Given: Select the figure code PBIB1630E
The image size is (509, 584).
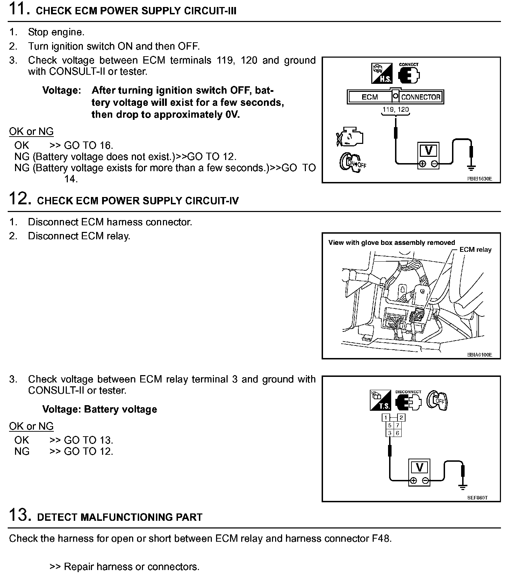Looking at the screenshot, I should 479,178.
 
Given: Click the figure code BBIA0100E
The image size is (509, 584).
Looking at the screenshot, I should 479,355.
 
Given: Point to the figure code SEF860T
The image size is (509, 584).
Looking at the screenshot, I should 477,498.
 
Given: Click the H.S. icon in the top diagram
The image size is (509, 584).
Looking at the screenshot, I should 381,73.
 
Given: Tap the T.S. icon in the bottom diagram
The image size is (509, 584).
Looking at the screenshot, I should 380,400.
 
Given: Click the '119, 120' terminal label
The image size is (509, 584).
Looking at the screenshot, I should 395,109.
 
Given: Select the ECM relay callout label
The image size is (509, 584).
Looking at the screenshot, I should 475,250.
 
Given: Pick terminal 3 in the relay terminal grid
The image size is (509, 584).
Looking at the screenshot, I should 390,433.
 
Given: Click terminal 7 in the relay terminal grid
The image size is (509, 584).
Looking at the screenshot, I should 397,425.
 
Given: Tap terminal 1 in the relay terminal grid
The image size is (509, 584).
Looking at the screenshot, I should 386,417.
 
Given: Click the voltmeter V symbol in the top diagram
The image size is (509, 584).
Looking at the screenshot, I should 428,151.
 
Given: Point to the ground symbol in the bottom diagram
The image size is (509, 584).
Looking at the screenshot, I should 463,486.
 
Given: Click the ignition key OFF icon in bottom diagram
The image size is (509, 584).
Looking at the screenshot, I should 437,400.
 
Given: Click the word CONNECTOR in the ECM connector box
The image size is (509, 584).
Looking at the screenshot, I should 421,97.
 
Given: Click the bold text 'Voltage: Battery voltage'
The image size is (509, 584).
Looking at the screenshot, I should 100,409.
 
